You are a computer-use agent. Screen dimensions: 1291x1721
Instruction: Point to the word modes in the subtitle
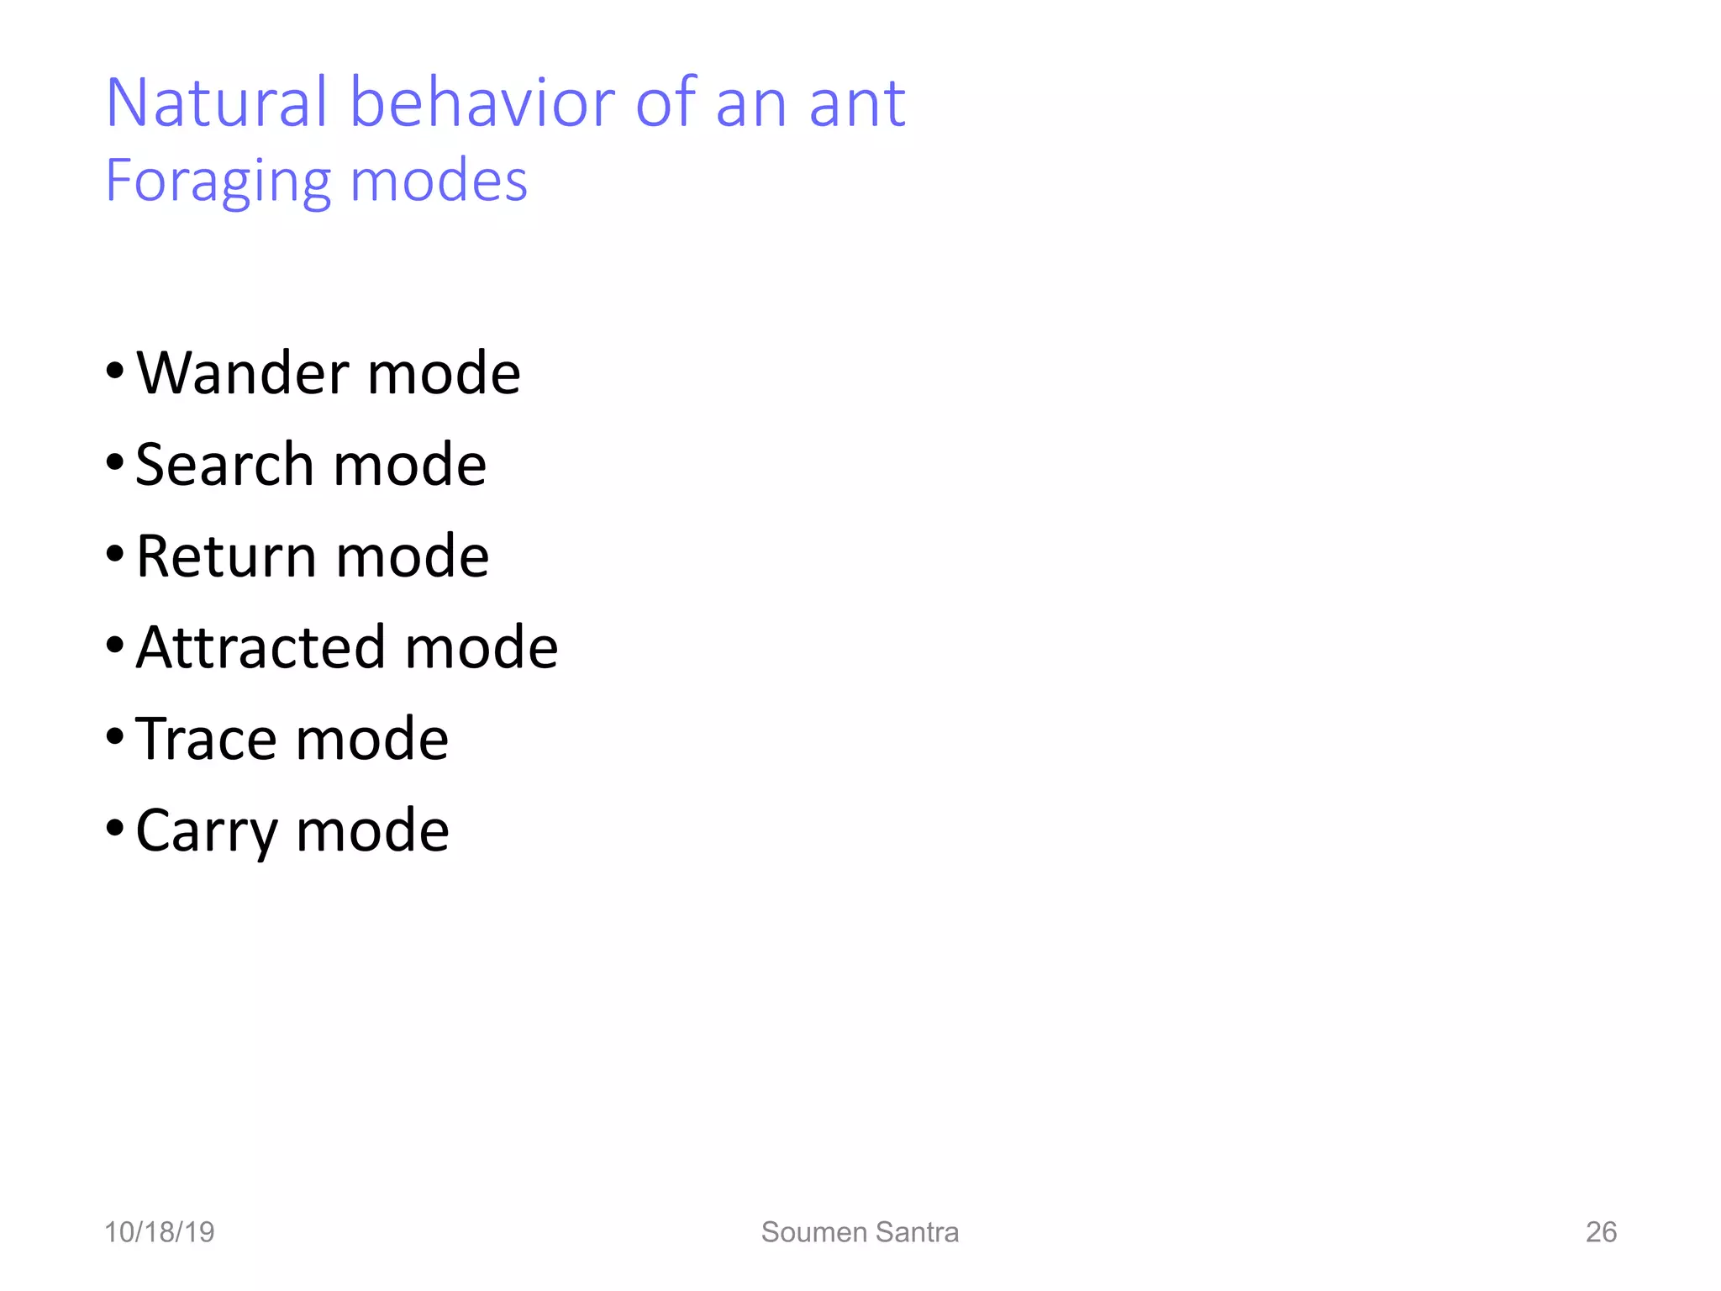(x=439, y=182)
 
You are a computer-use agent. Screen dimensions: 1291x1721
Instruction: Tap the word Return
(x=225, y=556)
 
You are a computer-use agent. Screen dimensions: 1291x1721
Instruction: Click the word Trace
(x=205, y=739)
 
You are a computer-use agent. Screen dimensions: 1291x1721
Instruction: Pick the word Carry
(x=206, y=831)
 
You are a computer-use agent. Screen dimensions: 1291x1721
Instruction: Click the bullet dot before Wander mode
(x=115, y=371)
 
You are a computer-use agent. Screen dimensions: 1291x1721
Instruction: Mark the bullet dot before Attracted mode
(x=115, y=645)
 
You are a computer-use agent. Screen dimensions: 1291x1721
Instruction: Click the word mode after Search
(x=410, y=466)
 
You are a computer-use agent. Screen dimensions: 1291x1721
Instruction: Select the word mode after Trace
(x=372, y=740)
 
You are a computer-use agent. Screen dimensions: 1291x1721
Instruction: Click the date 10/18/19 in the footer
(x=160, y=1232)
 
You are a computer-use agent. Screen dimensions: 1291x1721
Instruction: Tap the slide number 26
(x=1601, y=1232)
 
